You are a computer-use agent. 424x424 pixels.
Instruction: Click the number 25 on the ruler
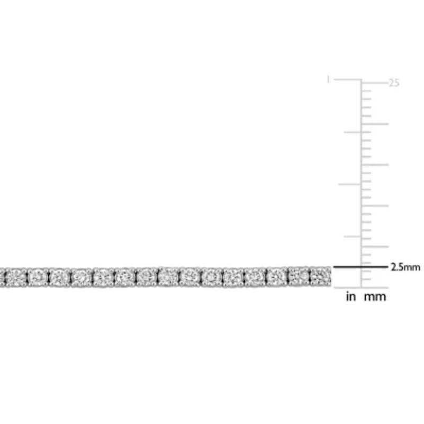[394, 83]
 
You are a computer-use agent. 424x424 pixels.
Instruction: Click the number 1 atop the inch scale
[328, 80]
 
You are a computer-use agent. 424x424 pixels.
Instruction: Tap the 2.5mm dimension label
[405, 267]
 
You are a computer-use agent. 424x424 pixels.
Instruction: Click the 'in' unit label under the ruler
[351, 297]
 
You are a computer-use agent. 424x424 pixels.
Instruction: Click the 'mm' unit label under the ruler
[375, 297]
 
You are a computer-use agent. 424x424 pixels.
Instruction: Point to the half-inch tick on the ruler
[350, 184]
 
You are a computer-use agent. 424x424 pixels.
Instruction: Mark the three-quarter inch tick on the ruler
[352, 132]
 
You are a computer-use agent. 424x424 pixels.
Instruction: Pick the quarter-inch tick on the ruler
[352, 236]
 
